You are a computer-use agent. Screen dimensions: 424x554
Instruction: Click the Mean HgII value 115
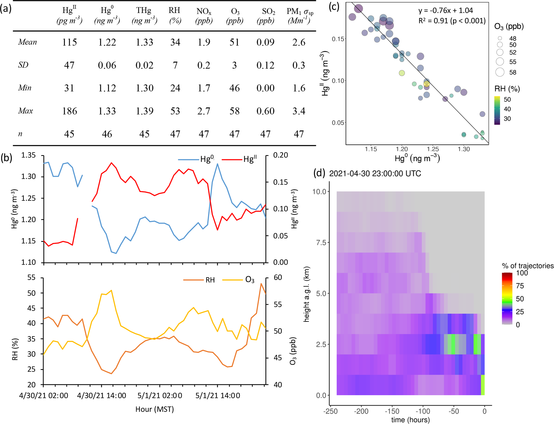tap(69, 42)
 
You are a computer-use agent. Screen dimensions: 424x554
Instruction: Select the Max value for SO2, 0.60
tap(265, 111)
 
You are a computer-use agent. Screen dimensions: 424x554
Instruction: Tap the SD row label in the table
tap(23, 65)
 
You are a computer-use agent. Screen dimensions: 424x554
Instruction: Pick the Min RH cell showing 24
tap(175, 88)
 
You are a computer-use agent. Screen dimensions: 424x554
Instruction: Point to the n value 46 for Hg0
tap(107, 134)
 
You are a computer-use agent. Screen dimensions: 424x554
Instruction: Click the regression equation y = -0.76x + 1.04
tap(445, 10)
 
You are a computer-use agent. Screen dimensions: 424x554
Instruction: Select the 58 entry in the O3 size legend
tap(512, 72)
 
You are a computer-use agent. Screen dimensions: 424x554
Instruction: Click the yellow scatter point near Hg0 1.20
tap(401, 73)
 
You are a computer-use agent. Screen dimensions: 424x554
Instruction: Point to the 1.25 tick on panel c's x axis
tap(433, 149)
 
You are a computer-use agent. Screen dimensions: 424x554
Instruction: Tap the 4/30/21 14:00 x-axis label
tap(102, 396)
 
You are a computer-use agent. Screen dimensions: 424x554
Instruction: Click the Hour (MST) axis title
tap(155, 409)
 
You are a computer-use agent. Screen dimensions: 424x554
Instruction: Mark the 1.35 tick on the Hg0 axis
tap(28, 155)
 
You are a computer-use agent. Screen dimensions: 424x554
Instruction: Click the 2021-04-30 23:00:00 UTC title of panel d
tap(375, 174)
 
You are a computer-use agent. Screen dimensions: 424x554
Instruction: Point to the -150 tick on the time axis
tap(392, 411)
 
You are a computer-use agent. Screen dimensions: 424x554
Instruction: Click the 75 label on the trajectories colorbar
tap(520, 286)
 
